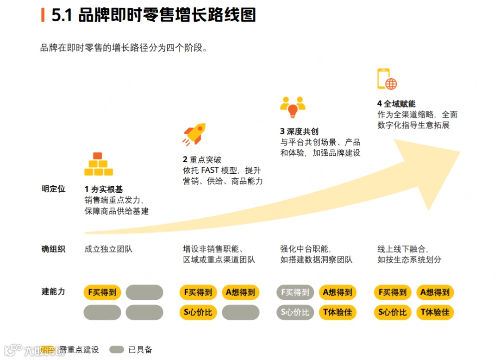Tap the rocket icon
pyautogui.click(x=194, y=134)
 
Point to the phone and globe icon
pyautogui.click(x=387, y=79)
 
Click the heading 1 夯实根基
pyautogui.click(x=104, y=189)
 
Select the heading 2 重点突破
pyautogui.click(x=202, y=159)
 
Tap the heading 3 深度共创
pyautogui.click(x=299, y=132)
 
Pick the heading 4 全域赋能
pyautogui.click(x=396, y=104)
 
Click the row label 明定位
pyautogui.click(x=54, y=189)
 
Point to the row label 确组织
pyautogui.click(x=54, y=249)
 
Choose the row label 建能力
pyautogui.click(x=54, y=291)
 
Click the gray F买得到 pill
pyautogui.click(x=295, y=292)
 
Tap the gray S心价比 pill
pyautogui.click(x=295, y=312)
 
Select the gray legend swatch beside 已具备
pyautogui.click(x=117, y=349)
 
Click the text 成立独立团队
pyautogui.click(x=108, y=249)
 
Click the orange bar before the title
pyautogui.click(x=43, y=15)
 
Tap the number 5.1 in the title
pyautogui.click(x=62, y=15)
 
